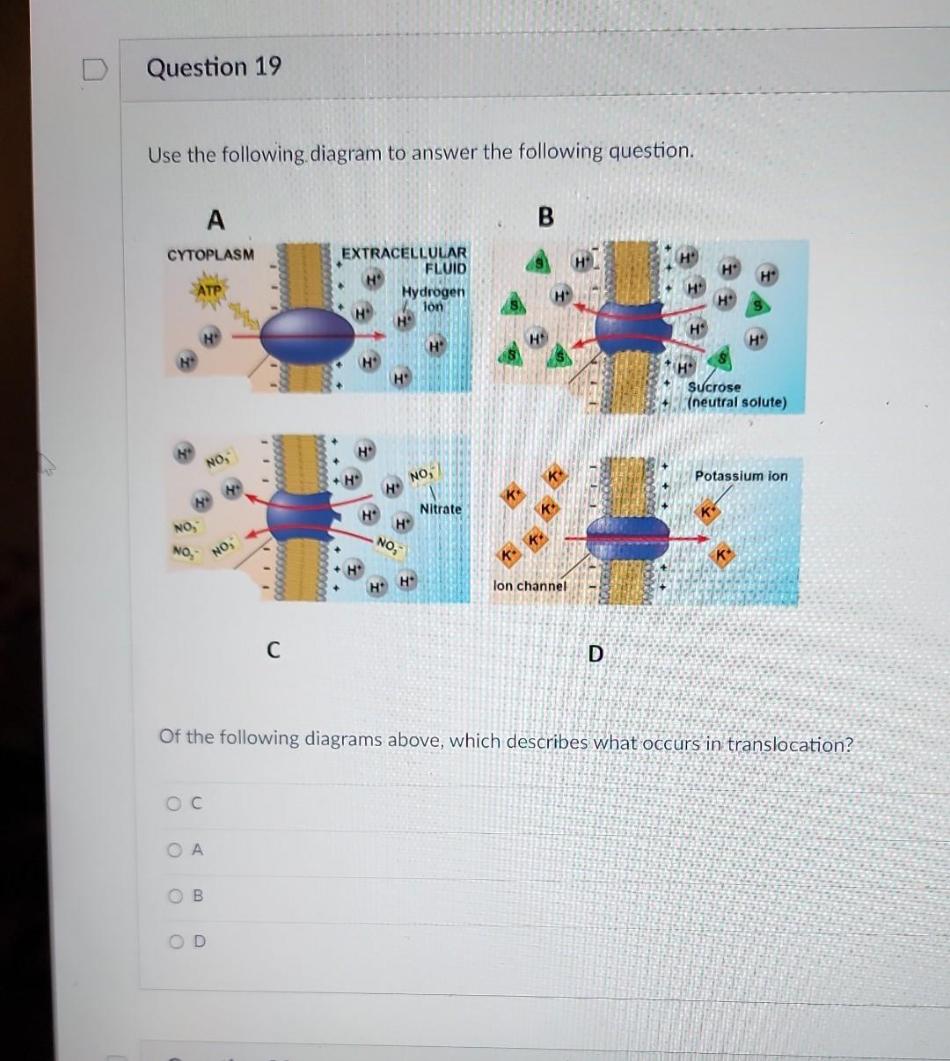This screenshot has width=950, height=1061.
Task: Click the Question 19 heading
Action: coord(214,68)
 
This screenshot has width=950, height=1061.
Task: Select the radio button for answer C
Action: coord(174,803)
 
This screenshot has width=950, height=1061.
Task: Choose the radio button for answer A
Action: coord(175,850)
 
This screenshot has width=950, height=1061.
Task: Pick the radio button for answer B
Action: coord(175,896)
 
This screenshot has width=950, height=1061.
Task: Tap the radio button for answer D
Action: coord(175,942)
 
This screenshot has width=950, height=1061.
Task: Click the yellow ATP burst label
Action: coord(208,289)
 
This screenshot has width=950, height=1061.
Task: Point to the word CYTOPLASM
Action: coord(210,254)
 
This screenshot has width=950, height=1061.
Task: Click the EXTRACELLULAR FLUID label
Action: coord(406,260)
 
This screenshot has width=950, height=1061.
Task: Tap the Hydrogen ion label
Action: coord(433,298)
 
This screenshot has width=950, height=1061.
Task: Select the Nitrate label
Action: coord(440,509)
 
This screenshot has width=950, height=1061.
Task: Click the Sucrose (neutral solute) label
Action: coord(736,395)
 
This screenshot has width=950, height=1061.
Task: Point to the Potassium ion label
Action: coord(741,476)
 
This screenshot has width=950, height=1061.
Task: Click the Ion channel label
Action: coord(530,586)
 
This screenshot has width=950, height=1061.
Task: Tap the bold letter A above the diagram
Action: coord(215,217)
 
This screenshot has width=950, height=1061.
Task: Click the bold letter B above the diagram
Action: coord(545,216)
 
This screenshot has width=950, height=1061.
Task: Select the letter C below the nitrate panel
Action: coord(273,650)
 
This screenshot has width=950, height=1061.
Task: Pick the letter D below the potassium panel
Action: coord(596,654)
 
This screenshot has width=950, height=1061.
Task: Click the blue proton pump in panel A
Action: coord(307,334)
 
